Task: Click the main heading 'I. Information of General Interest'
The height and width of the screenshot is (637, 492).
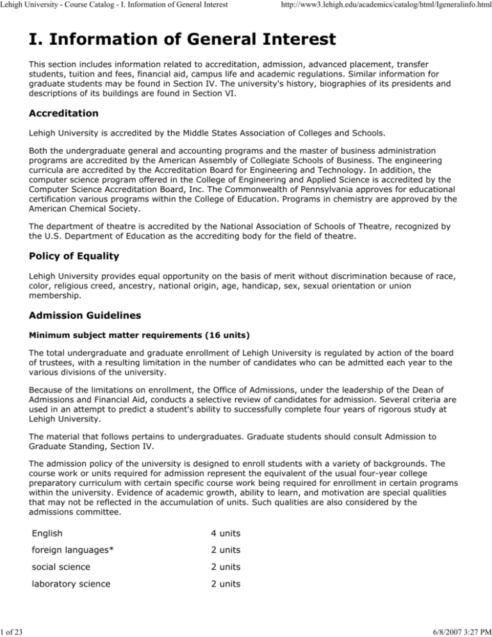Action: point(180,40)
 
